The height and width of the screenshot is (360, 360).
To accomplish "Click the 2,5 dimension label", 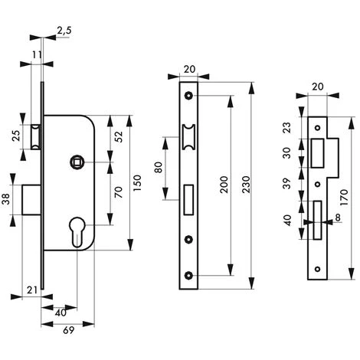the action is point(64,31).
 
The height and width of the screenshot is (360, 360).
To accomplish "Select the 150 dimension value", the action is point(137,183).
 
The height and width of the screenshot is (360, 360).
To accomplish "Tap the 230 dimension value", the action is point(245,185).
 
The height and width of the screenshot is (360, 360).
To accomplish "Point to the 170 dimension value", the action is point(344,198).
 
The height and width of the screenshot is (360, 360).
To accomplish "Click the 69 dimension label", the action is point(69,330).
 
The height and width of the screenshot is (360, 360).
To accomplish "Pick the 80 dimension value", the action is point(159,168).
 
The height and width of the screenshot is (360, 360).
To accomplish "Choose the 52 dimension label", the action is point(119,136).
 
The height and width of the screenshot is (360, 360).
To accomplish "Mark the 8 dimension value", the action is point(338,218).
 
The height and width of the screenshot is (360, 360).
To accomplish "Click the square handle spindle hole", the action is point(76,162).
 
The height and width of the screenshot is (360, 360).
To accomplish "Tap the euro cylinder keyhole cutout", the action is point(77,231).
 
